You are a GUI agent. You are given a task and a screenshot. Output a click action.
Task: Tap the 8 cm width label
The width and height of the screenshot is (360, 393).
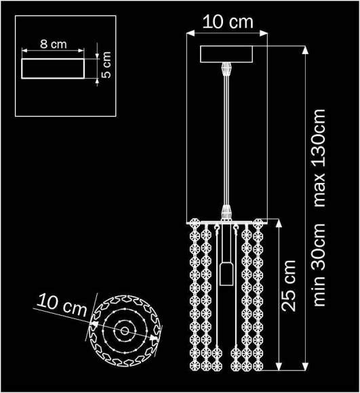point(54,44)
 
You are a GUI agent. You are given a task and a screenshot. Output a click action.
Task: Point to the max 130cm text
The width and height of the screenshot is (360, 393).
point(320,158)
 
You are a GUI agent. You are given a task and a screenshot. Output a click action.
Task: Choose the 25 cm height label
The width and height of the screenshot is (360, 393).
point(289,285)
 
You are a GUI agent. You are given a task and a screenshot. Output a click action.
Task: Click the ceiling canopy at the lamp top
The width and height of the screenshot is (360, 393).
point(226,54)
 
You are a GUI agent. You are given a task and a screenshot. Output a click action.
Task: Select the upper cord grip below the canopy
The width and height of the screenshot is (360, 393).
point(226,70)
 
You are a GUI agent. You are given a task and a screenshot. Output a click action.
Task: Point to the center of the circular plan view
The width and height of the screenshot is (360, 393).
point(124,331)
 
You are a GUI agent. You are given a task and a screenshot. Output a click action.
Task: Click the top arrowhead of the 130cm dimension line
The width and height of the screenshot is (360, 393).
point(304,49)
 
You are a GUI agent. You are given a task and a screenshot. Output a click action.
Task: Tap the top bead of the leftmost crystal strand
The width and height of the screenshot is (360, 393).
point(193,223)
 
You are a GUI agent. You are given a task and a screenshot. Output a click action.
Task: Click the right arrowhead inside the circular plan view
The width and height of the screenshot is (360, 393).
point(155,335)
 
